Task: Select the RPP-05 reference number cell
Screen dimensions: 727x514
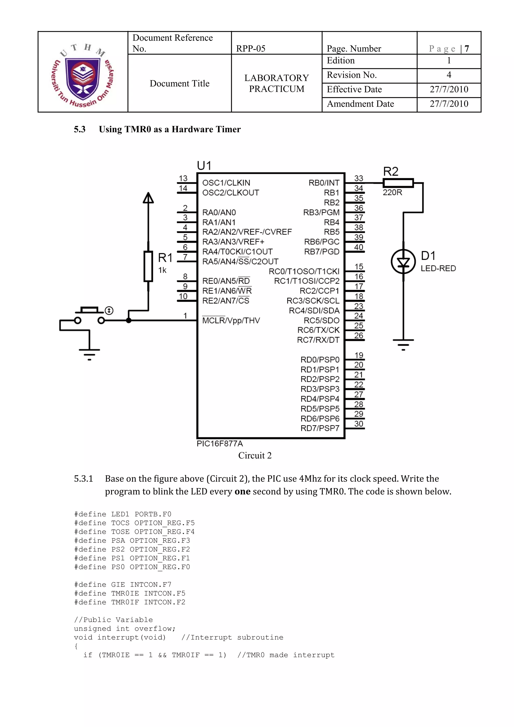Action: (x=250, y=48)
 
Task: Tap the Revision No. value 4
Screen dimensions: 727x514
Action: (x=448, y=75)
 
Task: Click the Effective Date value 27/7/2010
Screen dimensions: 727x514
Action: (x=448, y=89)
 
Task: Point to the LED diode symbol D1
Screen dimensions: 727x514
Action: (x=403, y=262)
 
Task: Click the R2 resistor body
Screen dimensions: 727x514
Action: (x=398, y=183)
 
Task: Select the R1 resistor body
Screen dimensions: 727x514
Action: (x=148, y=266)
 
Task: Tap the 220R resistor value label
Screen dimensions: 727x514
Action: (x=392, y=192)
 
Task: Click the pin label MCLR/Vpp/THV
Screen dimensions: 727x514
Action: (x=231, y=320)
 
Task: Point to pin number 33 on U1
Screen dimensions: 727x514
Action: (x=358, y=178)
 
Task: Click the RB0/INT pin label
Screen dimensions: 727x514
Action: (x=324, y=183)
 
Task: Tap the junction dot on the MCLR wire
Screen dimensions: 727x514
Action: (x=128, y=320)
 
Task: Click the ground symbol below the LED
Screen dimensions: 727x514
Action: (x=403, y=344)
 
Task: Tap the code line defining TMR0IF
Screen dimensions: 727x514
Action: (x=130, y=602)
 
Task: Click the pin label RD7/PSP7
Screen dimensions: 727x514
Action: (x=319, y=428)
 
